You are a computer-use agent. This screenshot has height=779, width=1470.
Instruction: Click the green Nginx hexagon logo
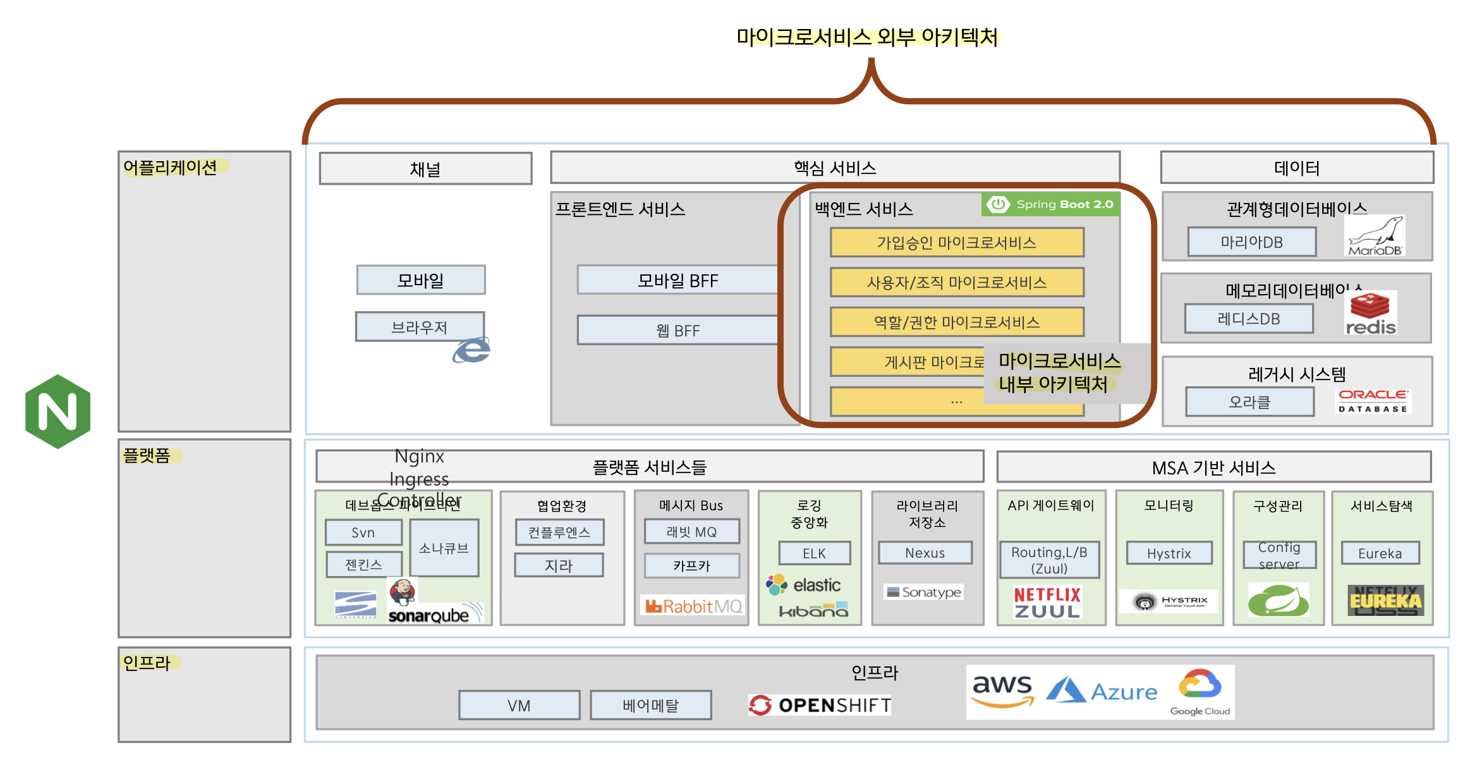tap(58, 412)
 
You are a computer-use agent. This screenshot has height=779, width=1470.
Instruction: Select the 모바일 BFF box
tap(677, 280)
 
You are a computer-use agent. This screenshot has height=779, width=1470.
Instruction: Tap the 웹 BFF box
tap(677, 330)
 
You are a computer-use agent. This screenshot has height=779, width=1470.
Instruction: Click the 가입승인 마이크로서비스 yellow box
tap(956, 243)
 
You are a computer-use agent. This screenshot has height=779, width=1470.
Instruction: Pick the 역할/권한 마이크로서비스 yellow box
tap(956, 322)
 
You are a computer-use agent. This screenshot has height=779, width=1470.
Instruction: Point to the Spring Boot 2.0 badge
tap(1050, 204)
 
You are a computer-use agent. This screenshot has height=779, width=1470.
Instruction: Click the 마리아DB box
tap(1251, 242)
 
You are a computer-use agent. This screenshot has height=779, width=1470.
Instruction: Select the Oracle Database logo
tap(1373, 401)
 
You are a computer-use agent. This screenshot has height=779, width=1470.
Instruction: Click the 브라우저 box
tap(419, 327)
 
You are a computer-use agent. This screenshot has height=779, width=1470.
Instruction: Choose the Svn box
tap(363, 532)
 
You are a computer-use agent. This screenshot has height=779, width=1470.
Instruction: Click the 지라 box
tap(559, 565)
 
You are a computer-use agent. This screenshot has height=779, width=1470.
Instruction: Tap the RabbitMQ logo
tap(693, 606)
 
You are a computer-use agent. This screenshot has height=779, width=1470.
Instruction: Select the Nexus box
tap(925, 553)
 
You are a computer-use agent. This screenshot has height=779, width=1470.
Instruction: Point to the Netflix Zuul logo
tap(1047, 603)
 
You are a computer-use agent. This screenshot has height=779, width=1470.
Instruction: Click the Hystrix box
tap(1169, 553)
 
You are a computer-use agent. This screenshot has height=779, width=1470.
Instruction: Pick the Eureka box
tap(1380, 553)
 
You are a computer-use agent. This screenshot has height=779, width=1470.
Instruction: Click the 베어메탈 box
tap(650, 705)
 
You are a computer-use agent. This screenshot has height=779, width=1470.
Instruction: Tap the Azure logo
tap(1102, 691)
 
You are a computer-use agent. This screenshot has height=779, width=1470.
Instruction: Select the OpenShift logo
tap(820, 705)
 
